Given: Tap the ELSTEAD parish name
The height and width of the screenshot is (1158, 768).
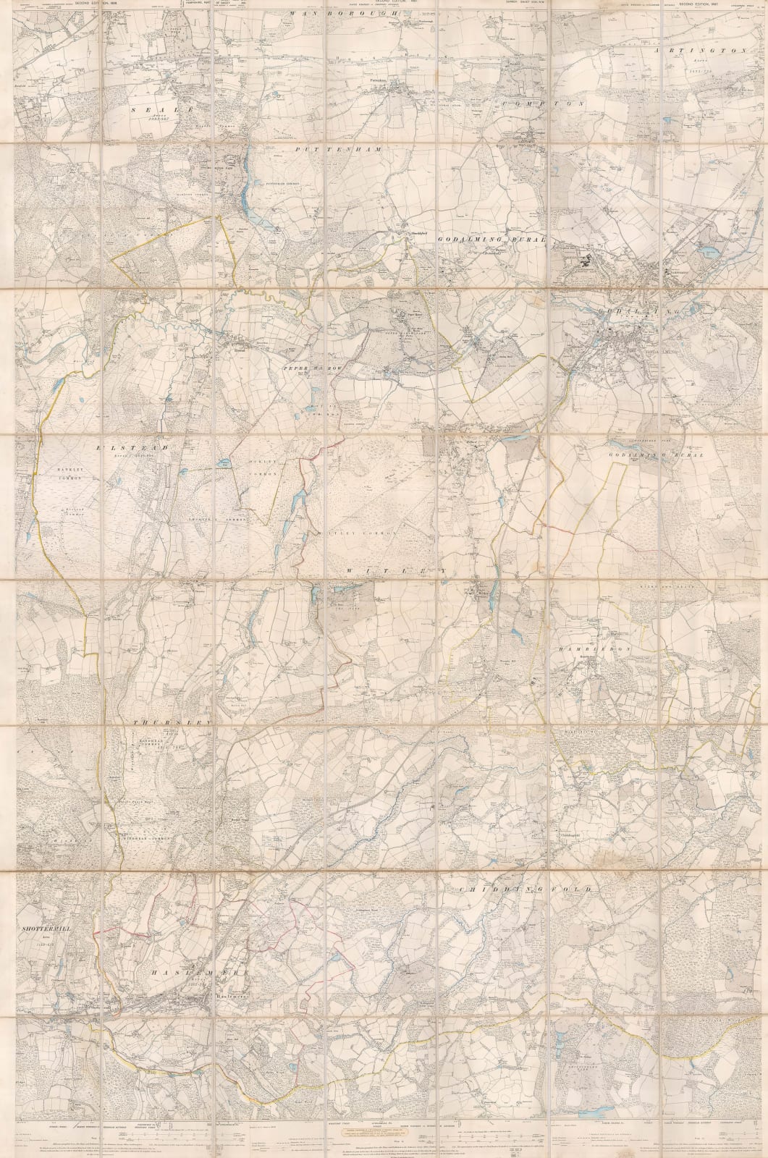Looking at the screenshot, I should click(133, 448).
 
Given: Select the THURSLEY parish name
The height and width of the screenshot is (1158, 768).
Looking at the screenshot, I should click(170, 723).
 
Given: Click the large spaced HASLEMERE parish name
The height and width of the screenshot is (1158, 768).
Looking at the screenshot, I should click(191, 975).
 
